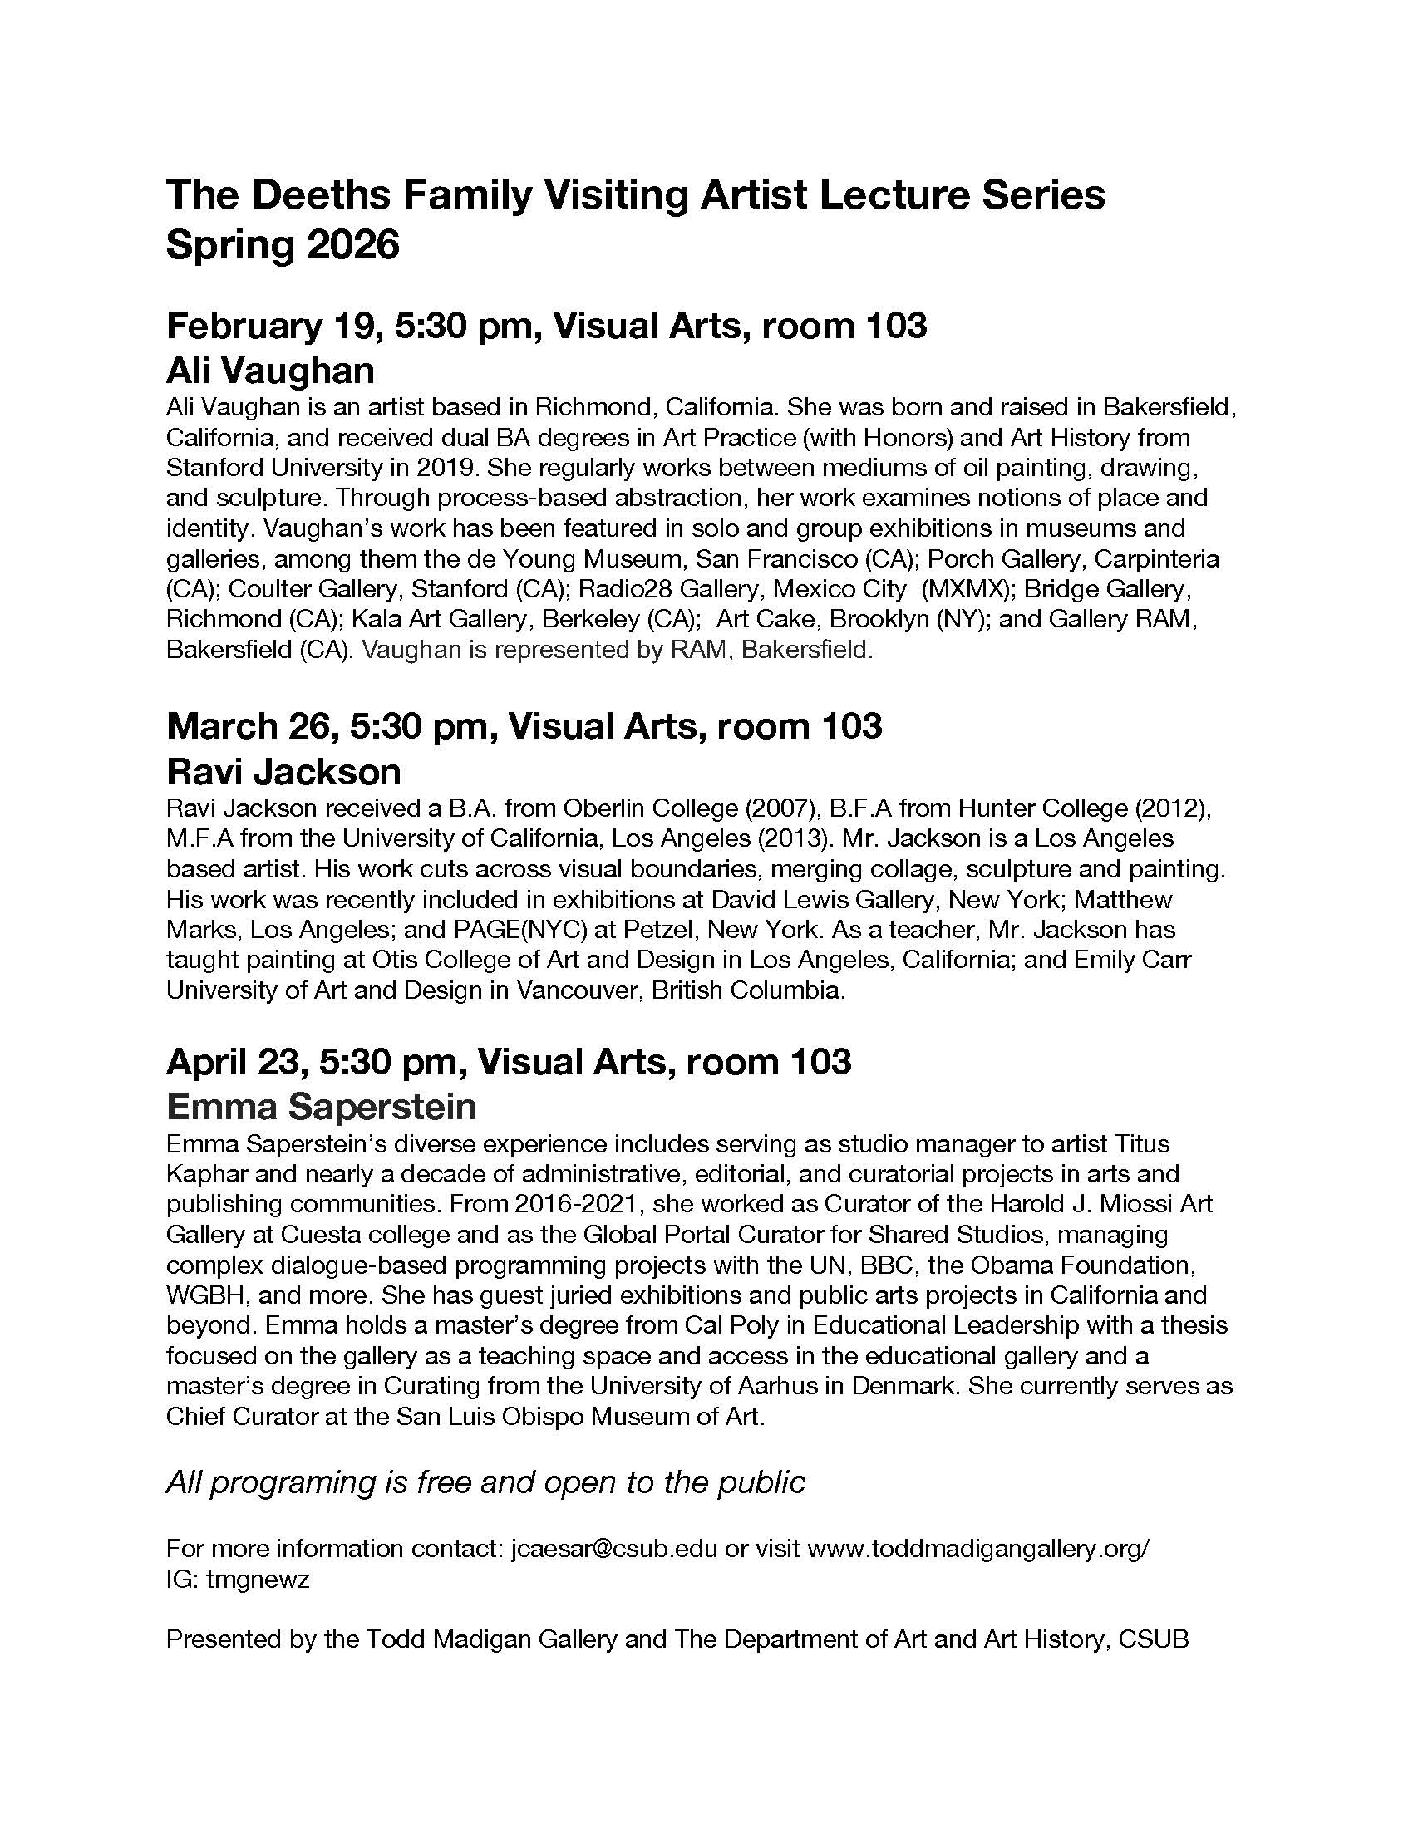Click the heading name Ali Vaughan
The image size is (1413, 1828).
tap(269, 370)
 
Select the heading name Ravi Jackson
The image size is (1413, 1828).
tap(283, 771)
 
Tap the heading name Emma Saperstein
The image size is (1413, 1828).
tap(321, 1107)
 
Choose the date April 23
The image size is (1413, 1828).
tap(232, 1061)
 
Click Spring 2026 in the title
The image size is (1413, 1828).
tap(283, 245)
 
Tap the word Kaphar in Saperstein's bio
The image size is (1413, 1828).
tap(207, 1173)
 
